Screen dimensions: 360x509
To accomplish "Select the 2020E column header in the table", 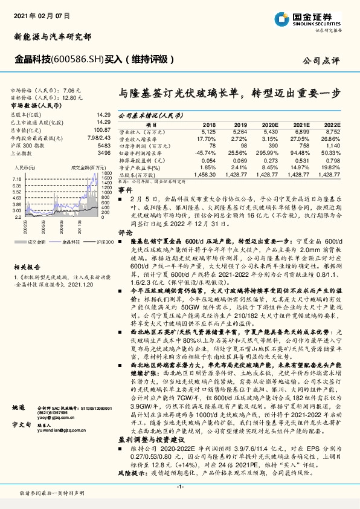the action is pos(269,124).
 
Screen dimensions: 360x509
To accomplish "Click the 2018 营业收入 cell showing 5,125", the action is pos(208,131).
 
